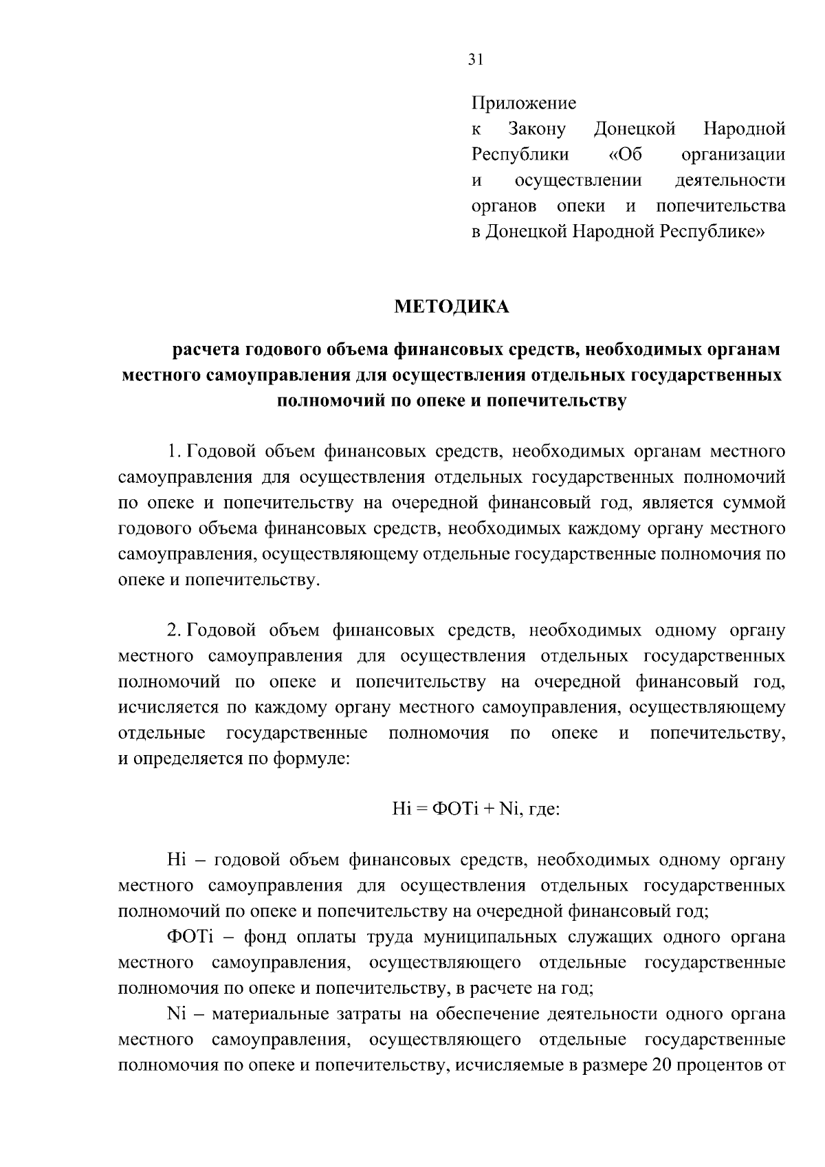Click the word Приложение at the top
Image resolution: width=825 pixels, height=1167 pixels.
[523, 103]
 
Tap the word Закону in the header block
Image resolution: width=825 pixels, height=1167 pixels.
[536, 129]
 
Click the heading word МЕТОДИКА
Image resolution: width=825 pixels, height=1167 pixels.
[451, 307]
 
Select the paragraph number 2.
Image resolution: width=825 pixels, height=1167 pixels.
[173, 630]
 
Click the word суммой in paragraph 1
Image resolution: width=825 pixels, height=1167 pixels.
[755, 503]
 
